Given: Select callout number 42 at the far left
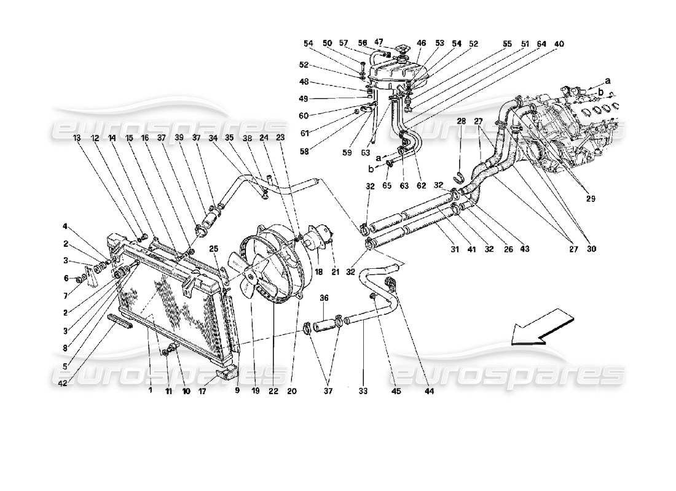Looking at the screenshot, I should [x=63, y=384].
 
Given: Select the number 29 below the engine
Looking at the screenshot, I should [x=590, y=199].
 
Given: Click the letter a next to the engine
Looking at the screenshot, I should [x=608, y=80].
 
